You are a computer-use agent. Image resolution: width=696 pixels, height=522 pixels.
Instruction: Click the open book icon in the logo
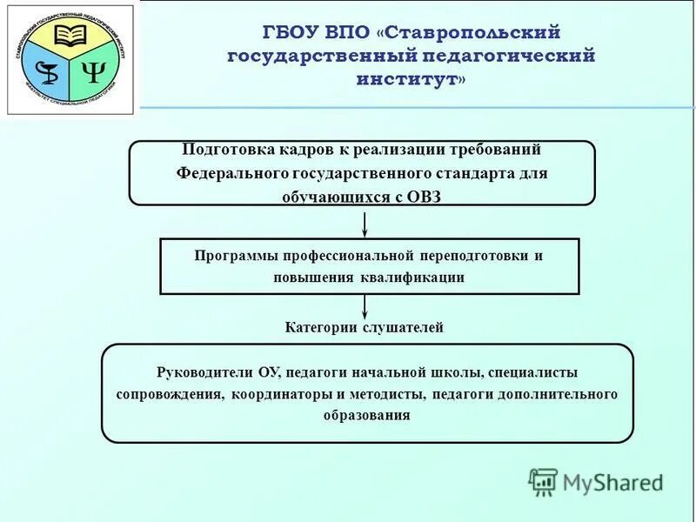pos(71,36)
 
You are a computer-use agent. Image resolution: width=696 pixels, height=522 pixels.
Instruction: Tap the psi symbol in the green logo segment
pos(93,72)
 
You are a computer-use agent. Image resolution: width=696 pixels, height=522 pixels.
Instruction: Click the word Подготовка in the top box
pos(219,149)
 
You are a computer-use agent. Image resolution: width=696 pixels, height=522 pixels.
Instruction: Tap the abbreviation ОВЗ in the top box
pos(422,196)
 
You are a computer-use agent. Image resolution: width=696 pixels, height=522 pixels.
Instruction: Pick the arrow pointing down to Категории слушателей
pos(365,306)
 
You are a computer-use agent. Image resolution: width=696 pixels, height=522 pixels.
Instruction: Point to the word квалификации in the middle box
pos(412,278)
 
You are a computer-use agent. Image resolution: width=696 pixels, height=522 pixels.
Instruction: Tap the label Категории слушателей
pos(365,328)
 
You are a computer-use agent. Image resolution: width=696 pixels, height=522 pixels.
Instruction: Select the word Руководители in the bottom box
pos(205,372)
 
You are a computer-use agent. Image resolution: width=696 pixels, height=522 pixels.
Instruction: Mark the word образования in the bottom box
pos(366,415)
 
